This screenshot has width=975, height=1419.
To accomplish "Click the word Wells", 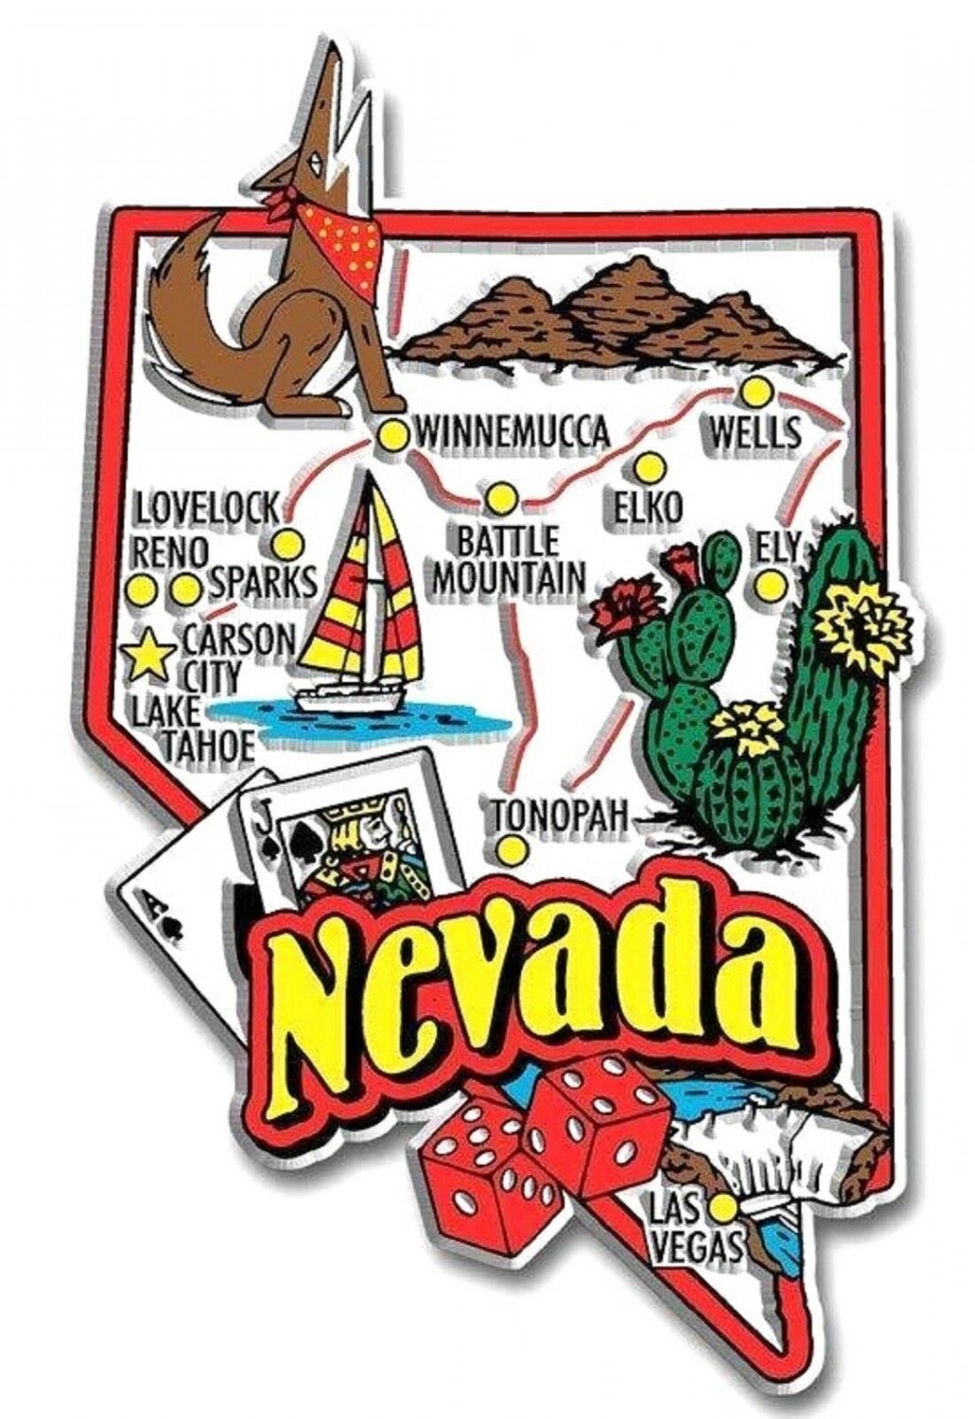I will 754,434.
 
